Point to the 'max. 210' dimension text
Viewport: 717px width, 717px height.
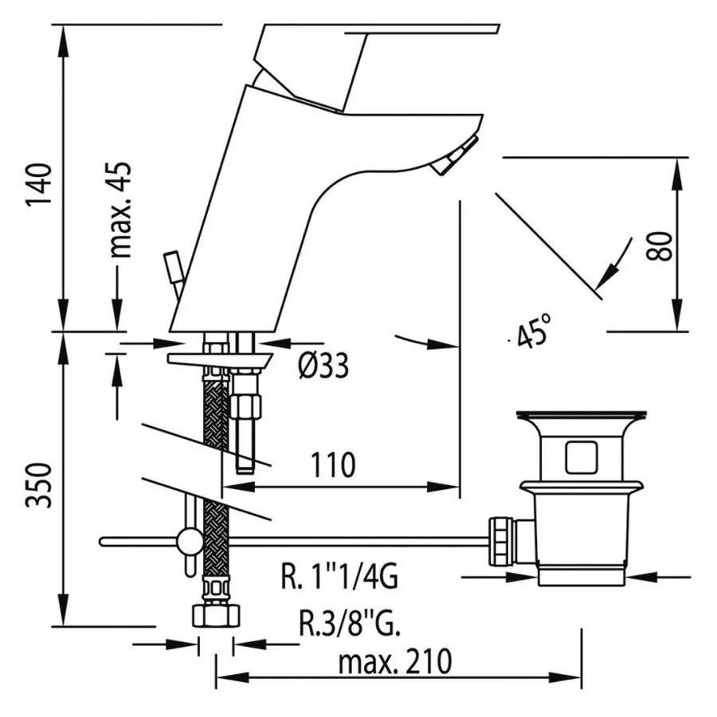tap(395, 660)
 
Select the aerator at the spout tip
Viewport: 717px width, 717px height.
tap(451, 159)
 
